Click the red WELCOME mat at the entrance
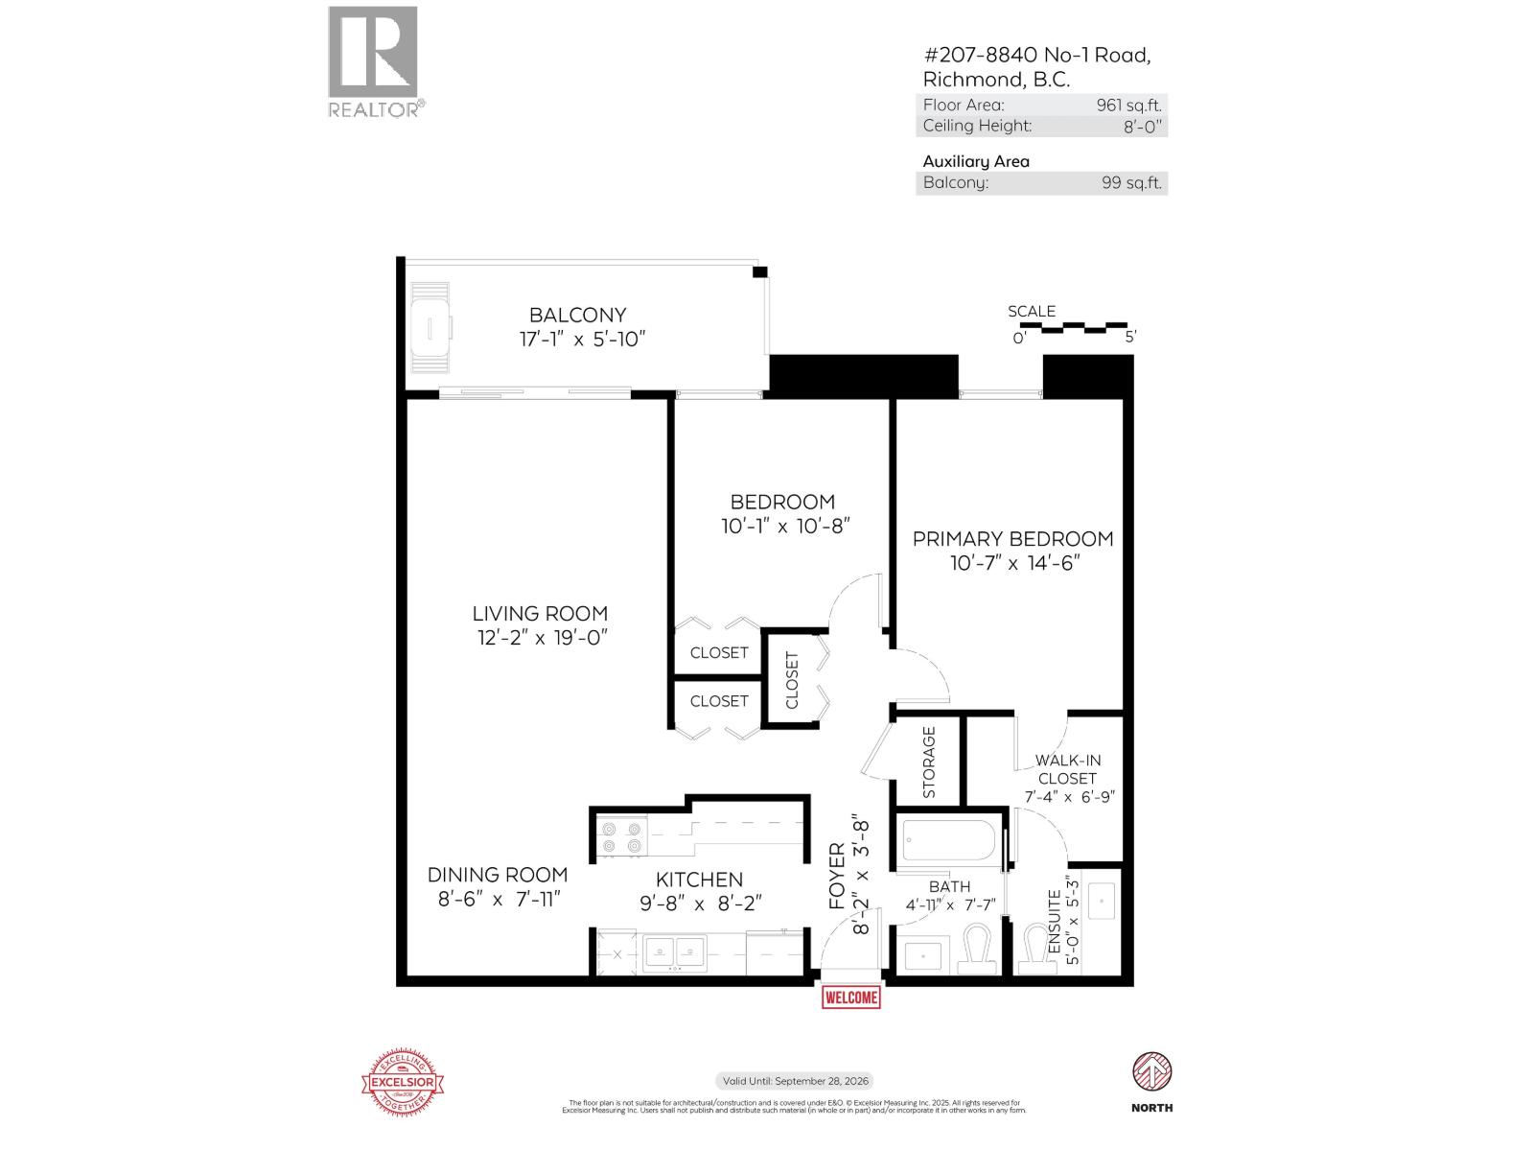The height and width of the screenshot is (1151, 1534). pos(850,998)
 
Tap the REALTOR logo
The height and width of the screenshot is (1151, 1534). pos(374,61)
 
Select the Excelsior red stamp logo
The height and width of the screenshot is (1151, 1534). pos(403,1082)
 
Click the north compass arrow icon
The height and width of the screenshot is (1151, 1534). pos(1152,1071)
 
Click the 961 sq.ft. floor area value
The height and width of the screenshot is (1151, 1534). pos(1128,106)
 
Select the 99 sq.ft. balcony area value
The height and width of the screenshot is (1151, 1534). pos(1131,182)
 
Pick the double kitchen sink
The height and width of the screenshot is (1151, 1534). pos(675,952)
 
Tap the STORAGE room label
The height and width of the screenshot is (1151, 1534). pos(928,763)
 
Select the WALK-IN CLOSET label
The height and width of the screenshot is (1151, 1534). pos(1067,769)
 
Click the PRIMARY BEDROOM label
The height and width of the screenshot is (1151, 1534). pos(1012,539)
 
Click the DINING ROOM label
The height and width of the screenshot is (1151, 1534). pos(497,875)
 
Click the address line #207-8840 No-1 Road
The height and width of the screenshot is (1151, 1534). pos(1036,56)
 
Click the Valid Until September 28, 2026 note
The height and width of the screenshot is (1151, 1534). pos(795,1081)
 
